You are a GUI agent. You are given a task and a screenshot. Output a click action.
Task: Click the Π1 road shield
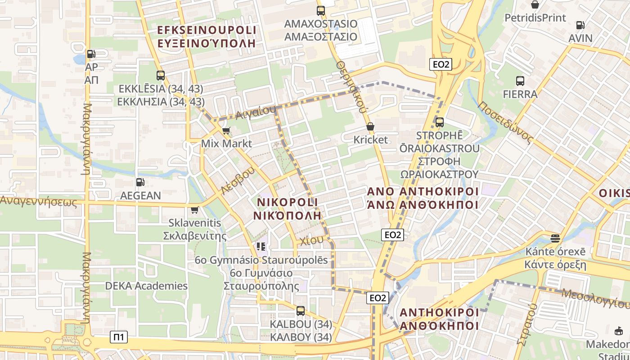click(x=119, y=337)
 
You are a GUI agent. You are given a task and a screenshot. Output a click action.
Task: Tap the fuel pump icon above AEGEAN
click(x=140, y=182)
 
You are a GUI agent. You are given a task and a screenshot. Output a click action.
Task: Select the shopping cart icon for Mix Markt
click(x=226, y=131)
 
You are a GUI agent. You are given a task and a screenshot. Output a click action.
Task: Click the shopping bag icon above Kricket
click(x=370, y=126)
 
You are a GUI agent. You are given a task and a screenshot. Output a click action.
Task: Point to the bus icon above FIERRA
click(x=520, y=81)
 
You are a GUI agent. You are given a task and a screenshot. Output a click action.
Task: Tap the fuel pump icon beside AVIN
click(x=580, y=25)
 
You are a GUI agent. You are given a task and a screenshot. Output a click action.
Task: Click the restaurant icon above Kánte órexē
click(x=555, y=238)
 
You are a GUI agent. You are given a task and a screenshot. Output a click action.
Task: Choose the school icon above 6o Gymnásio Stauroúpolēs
click(x=261, y=247)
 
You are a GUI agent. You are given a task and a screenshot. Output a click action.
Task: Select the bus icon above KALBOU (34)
click(x=301, y=310)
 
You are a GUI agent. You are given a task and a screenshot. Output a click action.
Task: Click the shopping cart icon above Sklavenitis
click(x=195, y=210)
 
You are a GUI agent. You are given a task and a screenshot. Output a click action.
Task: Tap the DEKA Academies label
click(x=146, y=286)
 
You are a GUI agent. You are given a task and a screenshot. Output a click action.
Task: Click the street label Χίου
click(x=311, y=240)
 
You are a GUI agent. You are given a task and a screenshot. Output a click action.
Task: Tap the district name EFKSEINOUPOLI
click(x=207, y=30)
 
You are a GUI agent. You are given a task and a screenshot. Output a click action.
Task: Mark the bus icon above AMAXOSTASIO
click(x=320, y=10)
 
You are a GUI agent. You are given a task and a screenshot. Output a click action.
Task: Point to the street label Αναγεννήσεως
click(x=39, y=201)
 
